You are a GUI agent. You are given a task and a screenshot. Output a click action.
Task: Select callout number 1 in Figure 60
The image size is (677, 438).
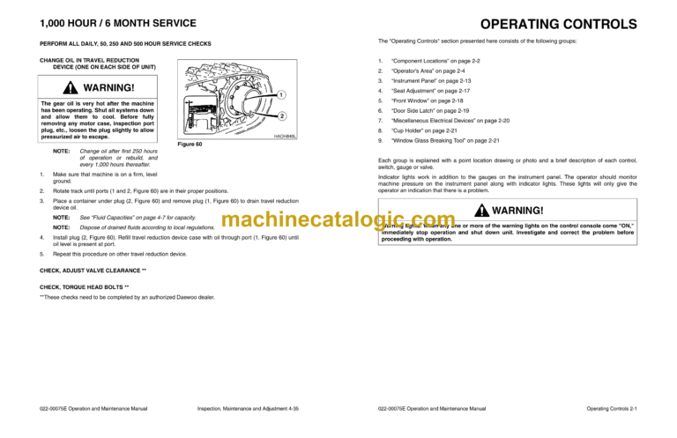coord(279,94)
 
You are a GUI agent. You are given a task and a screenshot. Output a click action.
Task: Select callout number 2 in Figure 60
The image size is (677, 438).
coord(280,116)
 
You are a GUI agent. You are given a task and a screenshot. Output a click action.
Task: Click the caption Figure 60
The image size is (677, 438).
coord(190,144)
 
